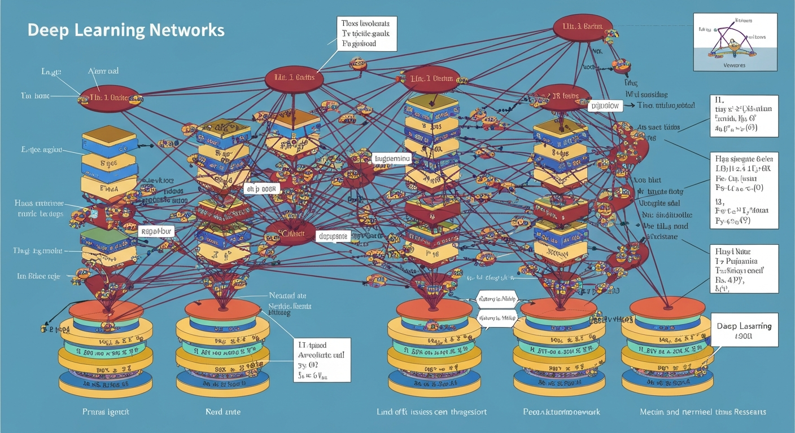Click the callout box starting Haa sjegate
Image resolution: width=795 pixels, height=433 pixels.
(743, 190)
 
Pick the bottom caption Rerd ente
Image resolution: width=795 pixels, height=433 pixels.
(223, 412)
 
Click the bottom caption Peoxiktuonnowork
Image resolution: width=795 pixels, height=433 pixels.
(561, 412)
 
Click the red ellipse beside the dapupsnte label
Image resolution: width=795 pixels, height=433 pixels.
(290, 233)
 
